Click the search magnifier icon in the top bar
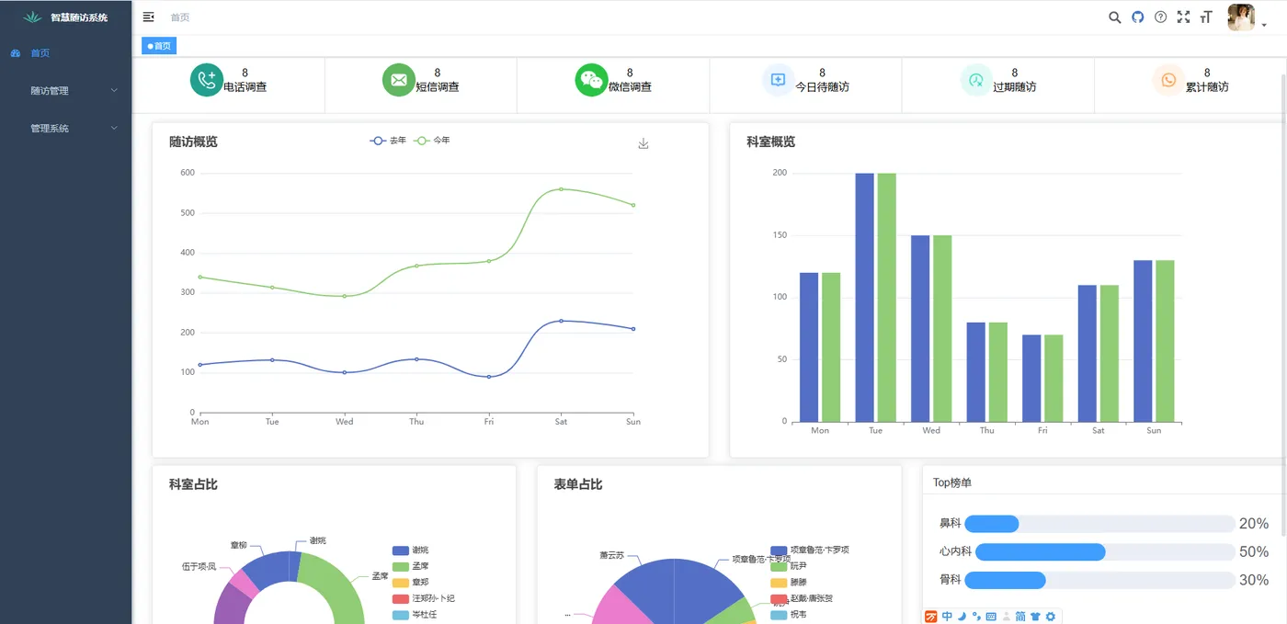[1114, 17]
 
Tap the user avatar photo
[1241, 17]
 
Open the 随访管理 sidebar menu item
[50, 91]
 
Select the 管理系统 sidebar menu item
[50, 129]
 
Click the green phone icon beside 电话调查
[207, 80]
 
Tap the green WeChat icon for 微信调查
[592, 80]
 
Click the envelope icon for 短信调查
[399, 80]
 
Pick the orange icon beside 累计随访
[1168, 80]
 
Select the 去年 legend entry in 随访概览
[388, 141]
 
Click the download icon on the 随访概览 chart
[643, 143]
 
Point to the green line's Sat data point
[561, 189]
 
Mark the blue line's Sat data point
[561, 321]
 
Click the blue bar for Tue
[865, 298]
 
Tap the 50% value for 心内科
[1254, 552]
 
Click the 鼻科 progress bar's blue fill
[992, 524]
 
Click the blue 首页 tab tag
[159, 46]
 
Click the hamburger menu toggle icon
[149, 17]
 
